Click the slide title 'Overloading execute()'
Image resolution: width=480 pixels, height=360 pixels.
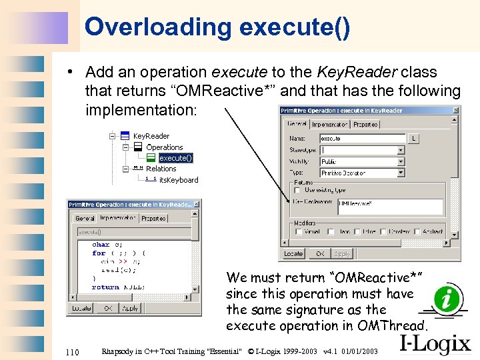(217, 27)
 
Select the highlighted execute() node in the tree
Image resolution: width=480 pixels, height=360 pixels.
(175, 158)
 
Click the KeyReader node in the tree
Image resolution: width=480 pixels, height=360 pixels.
(151, 136)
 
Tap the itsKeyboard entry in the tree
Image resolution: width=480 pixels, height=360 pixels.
(178, 180)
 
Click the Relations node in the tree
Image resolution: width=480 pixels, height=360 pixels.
(161, 169)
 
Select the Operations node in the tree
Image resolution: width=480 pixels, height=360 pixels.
(164, 147)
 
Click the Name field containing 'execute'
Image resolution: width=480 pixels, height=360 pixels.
(362, 139)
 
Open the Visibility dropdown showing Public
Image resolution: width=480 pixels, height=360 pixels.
(362, 161)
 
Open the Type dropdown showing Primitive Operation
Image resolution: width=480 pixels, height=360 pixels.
(362, 173)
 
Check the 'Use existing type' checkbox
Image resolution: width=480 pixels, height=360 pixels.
(297, 190)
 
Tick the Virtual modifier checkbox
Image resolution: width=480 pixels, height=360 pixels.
(297, 232)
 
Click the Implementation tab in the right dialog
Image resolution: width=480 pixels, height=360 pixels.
(329, 124)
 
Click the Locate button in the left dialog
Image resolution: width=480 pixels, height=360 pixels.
(81, 309)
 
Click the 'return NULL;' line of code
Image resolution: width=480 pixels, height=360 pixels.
(119, 287)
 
